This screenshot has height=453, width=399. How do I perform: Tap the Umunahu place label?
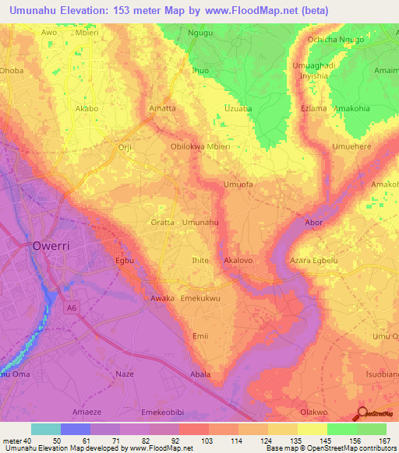pyautogui.click(x=199, y=223)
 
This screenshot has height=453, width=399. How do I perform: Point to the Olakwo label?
pyautogui.click(x=313, y=412)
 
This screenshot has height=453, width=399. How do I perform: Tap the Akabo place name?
pyautogui.click(x=87, y=109)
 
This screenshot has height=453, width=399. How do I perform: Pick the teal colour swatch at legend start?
pyautogui.click(x=45, y=429)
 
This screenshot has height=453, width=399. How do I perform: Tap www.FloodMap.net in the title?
pyautogui.click(x=244, y=10)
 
